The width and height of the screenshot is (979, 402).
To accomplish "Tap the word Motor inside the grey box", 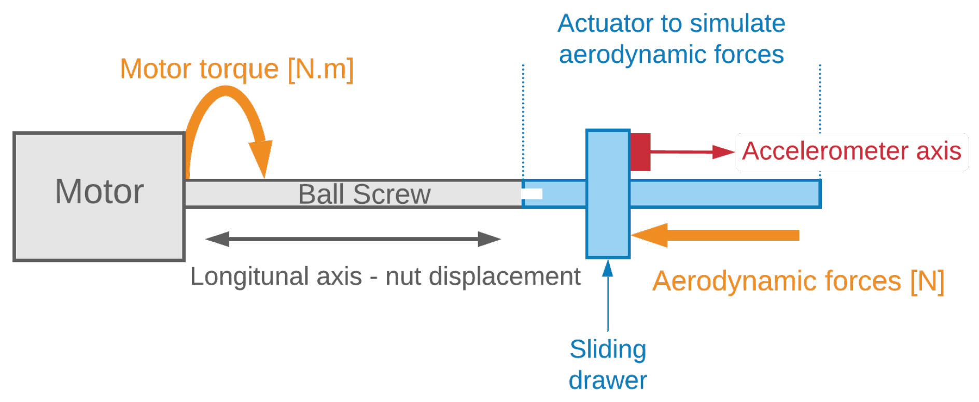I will coord(99,192).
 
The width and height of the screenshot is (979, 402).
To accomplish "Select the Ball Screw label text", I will coord(364,195).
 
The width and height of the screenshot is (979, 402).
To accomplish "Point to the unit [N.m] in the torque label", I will coord(320,69).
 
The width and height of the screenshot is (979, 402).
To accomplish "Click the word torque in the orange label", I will coord(239,69).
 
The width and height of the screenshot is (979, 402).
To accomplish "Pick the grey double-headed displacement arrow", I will coord(353,239).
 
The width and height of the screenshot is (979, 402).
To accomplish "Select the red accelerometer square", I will coord(640,151).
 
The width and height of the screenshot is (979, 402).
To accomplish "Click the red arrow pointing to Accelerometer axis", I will coord(690,152).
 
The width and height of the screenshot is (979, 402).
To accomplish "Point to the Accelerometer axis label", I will coord(851,151).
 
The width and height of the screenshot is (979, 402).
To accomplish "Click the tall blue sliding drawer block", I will coord(608,228).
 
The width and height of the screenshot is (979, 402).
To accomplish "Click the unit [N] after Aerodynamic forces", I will coord(928,282).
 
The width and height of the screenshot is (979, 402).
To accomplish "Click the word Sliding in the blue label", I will coord(608,350).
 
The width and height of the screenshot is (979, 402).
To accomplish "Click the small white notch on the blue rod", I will coord(533,194).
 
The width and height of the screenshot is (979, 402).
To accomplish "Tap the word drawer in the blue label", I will coord(608,381).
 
